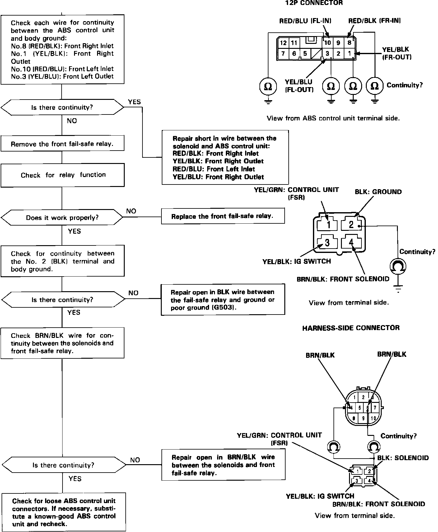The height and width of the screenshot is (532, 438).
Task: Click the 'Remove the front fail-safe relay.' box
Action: coord(62,144)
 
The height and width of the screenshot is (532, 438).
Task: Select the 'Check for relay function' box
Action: coord(62,175)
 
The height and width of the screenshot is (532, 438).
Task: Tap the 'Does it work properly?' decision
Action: coord(62,217)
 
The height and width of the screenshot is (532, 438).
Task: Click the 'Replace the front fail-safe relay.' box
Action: coord(222,216)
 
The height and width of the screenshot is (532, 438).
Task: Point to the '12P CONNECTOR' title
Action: coord(314,3)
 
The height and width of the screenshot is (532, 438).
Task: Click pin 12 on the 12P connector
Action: coord(283,43)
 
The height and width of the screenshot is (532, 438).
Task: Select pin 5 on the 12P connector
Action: coord(305,54)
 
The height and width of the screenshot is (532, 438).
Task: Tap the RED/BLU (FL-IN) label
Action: coord(305,21)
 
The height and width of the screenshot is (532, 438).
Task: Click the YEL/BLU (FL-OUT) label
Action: coord(299,86)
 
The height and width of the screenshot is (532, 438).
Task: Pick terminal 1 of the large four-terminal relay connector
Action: coord(328,224)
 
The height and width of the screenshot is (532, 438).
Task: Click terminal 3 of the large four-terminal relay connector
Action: coord(327,242)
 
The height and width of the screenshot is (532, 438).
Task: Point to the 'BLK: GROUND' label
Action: coord(378,192)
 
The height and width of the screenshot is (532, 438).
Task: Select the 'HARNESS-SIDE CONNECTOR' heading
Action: coord(351,328)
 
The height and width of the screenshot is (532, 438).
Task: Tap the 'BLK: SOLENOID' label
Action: coord(403,458)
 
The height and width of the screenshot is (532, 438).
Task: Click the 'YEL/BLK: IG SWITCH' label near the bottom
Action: coord(320,496)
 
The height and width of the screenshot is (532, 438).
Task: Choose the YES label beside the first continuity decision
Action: coord(134,102)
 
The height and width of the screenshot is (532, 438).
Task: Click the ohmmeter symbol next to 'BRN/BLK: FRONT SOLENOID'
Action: coord(398,266)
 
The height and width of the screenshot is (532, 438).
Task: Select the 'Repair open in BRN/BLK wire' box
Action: coord(223,465)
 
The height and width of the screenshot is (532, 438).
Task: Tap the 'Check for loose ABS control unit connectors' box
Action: coord(64,512)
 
